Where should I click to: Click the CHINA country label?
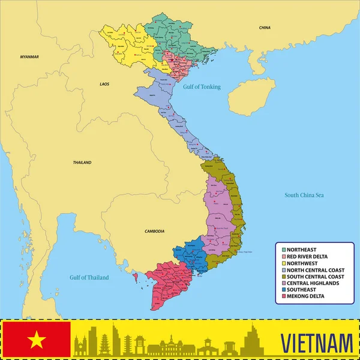pyautogui.click(x=265, y=28)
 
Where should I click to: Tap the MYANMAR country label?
pyautogui.click(x=29, y=57)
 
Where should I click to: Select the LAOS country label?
pyautogui.click(x=104, y=85)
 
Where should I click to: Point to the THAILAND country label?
pyautogui.click(x=82, y=163)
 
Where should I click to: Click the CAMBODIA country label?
pyautogui.click(x=154, y=231)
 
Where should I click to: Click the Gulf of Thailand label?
pyautogui.click(x=89, y=278)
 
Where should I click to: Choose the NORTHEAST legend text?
pyautogui.click(x=302, y=249)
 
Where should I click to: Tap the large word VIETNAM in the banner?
pyautogui.click(x=316, y=344)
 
